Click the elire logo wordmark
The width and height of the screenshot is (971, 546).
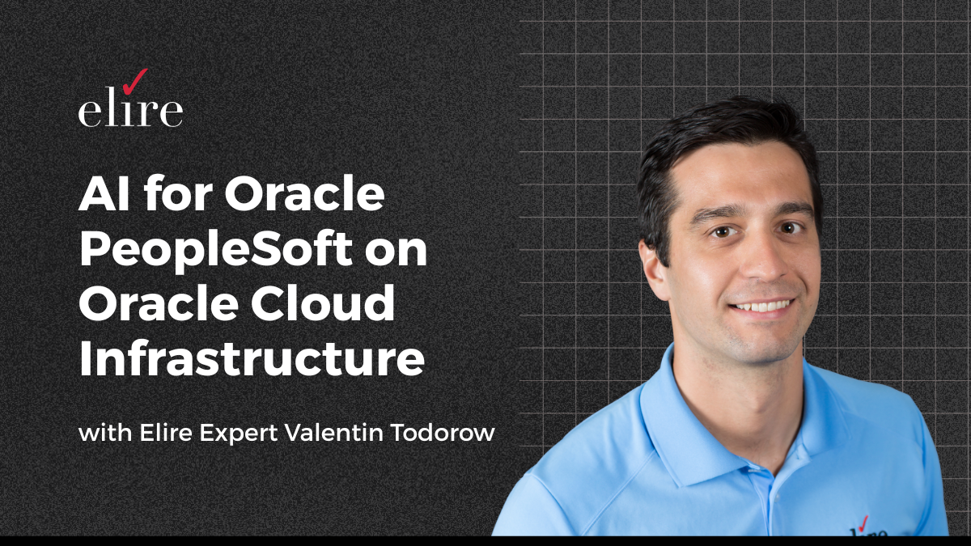(129, 111)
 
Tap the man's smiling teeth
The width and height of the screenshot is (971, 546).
(761, 306)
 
